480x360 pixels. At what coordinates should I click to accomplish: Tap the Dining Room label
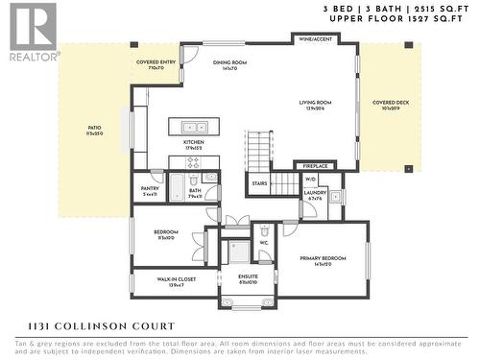click(229, 65)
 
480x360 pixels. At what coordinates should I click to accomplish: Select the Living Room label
click(316, 104)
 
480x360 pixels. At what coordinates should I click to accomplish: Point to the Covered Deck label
click(391, 104)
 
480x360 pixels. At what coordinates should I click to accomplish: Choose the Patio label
click(95, 130)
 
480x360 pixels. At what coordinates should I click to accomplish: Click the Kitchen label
click(195, 144)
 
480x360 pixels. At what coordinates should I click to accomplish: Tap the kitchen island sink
click(195, 127)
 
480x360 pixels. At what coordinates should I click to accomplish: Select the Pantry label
click(150, 190)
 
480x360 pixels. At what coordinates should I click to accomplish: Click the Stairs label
click(259, 182)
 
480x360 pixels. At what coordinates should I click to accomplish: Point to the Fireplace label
click(316, 166)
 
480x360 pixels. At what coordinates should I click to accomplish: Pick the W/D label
click(310, 179)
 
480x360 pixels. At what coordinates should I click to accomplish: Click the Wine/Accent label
click(316, 39)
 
